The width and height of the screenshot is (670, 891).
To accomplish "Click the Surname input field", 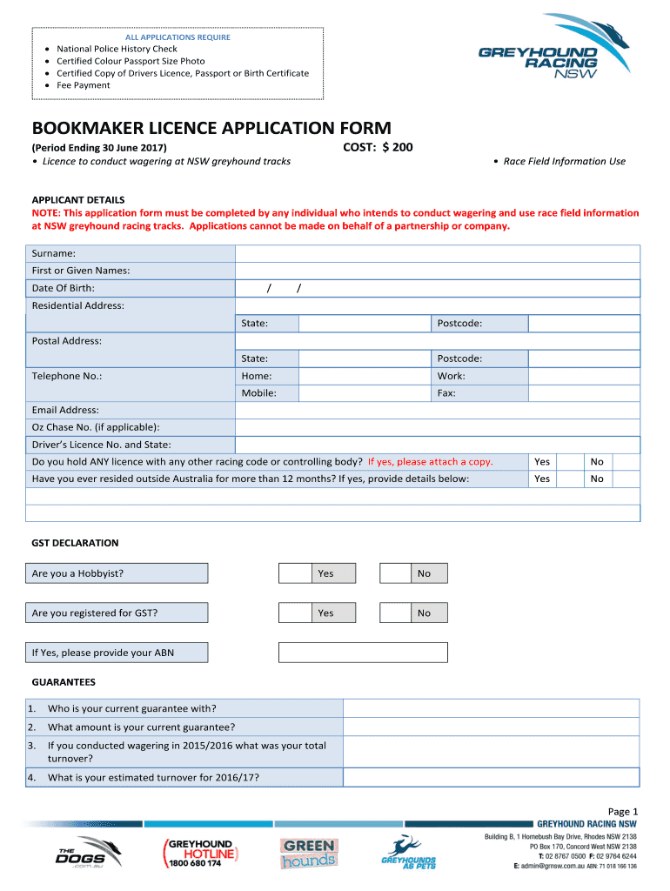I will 438,253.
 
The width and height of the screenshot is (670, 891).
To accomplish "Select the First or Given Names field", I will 438,271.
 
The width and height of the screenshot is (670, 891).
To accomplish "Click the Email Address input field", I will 438,410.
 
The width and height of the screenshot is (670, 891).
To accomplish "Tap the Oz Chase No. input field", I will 438,427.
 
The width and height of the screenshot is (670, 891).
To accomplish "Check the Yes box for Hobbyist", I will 295,573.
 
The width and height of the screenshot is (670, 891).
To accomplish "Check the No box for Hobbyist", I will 395,573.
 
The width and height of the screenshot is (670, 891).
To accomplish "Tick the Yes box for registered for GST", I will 295,613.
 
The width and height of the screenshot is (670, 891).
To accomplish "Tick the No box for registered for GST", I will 395,613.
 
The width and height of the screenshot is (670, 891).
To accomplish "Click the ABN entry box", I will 363,653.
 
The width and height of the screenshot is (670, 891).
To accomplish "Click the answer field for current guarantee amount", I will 491,727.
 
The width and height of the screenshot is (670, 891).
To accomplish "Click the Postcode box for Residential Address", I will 584,324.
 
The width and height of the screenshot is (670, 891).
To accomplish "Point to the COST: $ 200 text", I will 378,148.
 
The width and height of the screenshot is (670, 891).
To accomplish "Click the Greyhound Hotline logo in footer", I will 199,854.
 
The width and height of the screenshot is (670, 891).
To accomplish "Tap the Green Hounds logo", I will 308,854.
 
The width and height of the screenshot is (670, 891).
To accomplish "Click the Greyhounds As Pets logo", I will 409,853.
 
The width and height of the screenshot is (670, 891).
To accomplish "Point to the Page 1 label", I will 624,810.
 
